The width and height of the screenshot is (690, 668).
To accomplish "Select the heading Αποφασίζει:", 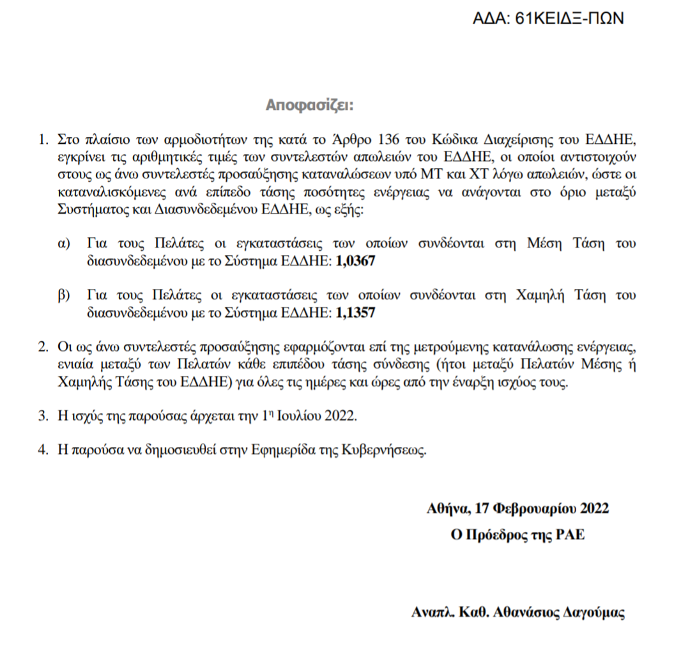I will pyautogui.click(x=309, y=105).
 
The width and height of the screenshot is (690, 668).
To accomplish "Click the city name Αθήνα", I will pyautogui.click(x=448, y=509).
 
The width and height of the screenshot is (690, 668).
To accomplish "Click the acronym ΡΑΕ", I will pyautogui.click(x=570, y=535).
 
